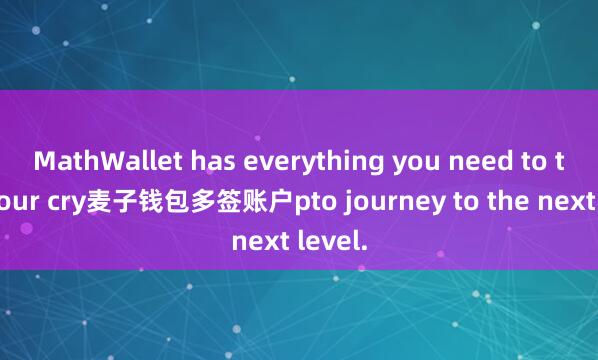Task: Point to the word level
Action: pos(334,241)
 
